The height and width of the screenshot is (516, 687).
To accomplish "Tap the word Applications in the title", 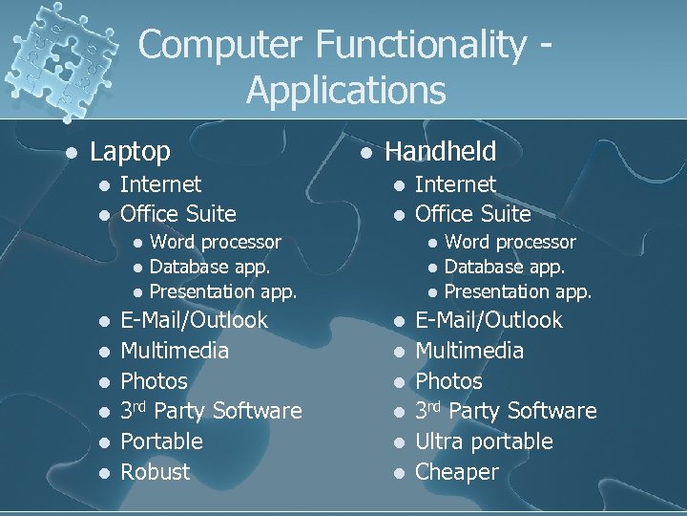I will coord(345,91).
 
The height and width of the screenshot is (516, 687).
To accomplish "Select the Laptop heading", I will coord(130,151).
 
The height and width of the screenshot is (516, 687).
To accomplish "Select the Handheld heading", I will coord(440,151).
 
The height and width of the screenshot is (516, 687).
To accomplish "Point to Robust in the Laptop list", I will coord(155,472).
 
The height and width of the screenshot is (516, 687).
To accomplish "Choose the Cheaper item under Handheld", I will coord(457,472).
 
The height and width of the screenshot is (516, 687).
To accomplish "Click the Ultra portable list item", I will coord(484,441).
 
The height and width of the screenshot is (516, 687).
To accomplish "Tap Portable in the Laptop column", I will coord(161,441).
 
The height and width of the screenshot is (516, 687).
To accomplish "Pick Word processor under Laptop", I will coord(215,242).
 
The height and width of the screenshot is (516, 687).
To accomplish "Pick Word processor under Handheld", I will coord(510,242).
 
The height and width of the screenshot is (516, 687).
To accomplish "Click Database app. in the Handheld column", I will coord(505,267).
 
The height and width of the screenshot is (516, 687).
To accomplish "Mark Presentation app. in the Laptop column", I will coord(223,291).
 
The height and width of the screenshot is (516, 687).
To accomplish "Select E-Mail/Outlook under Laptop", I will coord(194,320).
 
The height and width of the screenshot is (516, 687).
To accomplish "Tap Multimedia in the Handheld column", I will coord(469,351).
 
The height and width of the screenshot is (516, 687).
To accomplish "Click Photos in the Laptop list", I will coord(154,381).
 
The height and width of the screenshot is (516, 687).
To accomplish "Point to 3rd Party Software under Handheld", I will coord(506,411).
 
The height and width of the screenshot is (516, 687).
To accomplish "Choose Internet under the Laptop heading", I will coord(160,183).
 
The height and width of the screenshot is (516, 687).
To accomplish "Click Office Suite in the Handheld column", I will coord(472,213).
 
